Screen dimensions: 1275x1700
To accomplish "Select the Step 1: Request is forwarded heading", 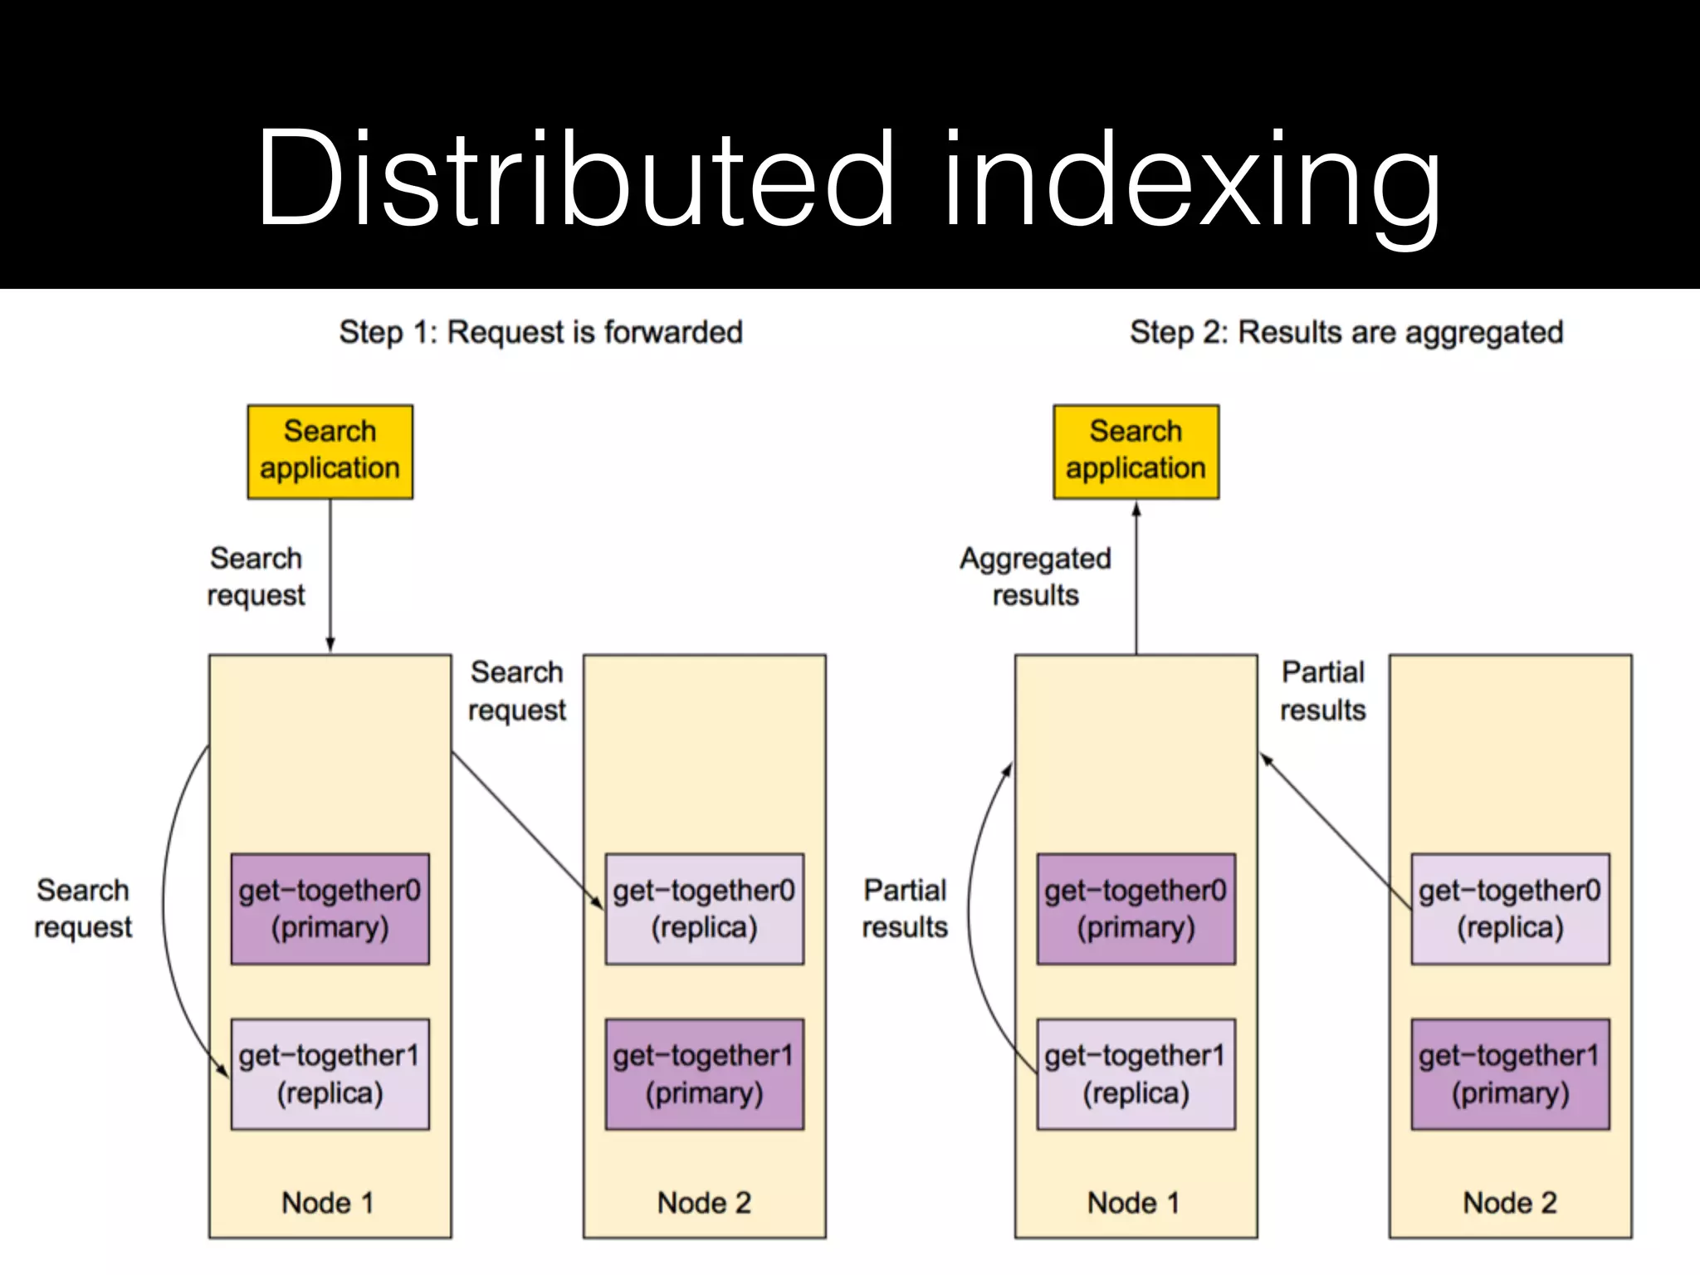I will [540, 332].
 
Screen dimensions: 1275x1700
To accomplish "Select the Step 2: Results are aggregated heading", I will [1346, 332].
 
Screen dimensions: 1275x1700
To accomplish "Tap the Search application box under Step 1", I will [330, 452].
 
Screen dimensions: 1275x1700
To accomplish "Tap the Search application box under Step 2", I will [1136, 452].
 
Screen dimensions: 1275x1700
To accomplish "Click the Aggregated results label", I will [1035, 576].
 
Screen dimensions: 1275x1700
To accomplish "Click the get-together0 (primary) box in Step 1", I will [330, 908].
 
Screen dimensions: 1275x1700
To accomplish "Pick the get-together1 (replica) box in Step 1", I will [330, 1074].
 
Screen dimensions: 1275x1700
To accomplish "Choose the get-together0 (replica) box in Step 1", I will [704, 908].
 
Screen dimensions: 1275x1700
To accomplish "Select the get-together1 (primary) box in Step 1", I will [704, 1074].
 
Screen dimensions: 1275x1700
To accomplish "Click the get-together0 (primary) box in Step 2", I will [1136, 908].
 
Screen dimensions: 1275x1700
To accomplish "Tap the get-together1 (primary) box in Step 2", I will [1510, 1074].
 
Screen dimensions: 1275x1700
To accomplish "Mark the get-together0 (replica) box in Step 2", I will [1510, 908].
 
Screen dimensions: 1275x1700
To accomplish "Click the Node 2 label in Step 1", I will [704, 1202].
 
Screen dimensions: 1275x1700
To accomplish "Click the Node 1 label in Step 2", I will [1134, 1202].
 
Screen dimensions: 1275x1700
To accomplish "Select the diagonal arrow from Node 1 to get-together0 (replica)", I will [526, 830].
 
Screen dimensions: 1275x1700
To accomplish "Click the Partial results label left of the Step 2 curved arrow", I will [905, 908].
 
